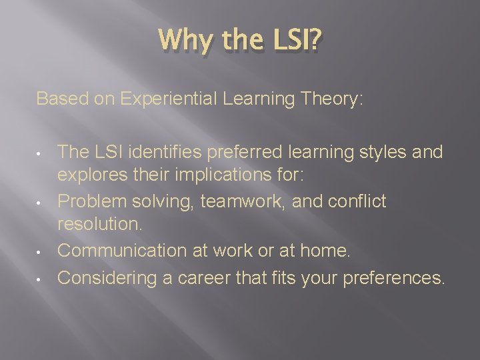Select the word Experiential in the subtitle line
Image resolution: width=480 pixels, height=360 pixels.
pyautogui.click(x=169, y=99)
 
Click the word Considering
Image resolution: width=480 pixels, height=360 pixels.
pyautogui.click(x=108, y=275)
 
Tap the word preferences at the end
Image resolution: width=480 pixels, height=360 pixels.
pyautogui.click(x=393, y=275)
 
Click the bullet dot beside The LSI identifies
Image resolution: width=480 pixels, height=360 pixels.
pyautogui.click(x=41, y=153)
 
